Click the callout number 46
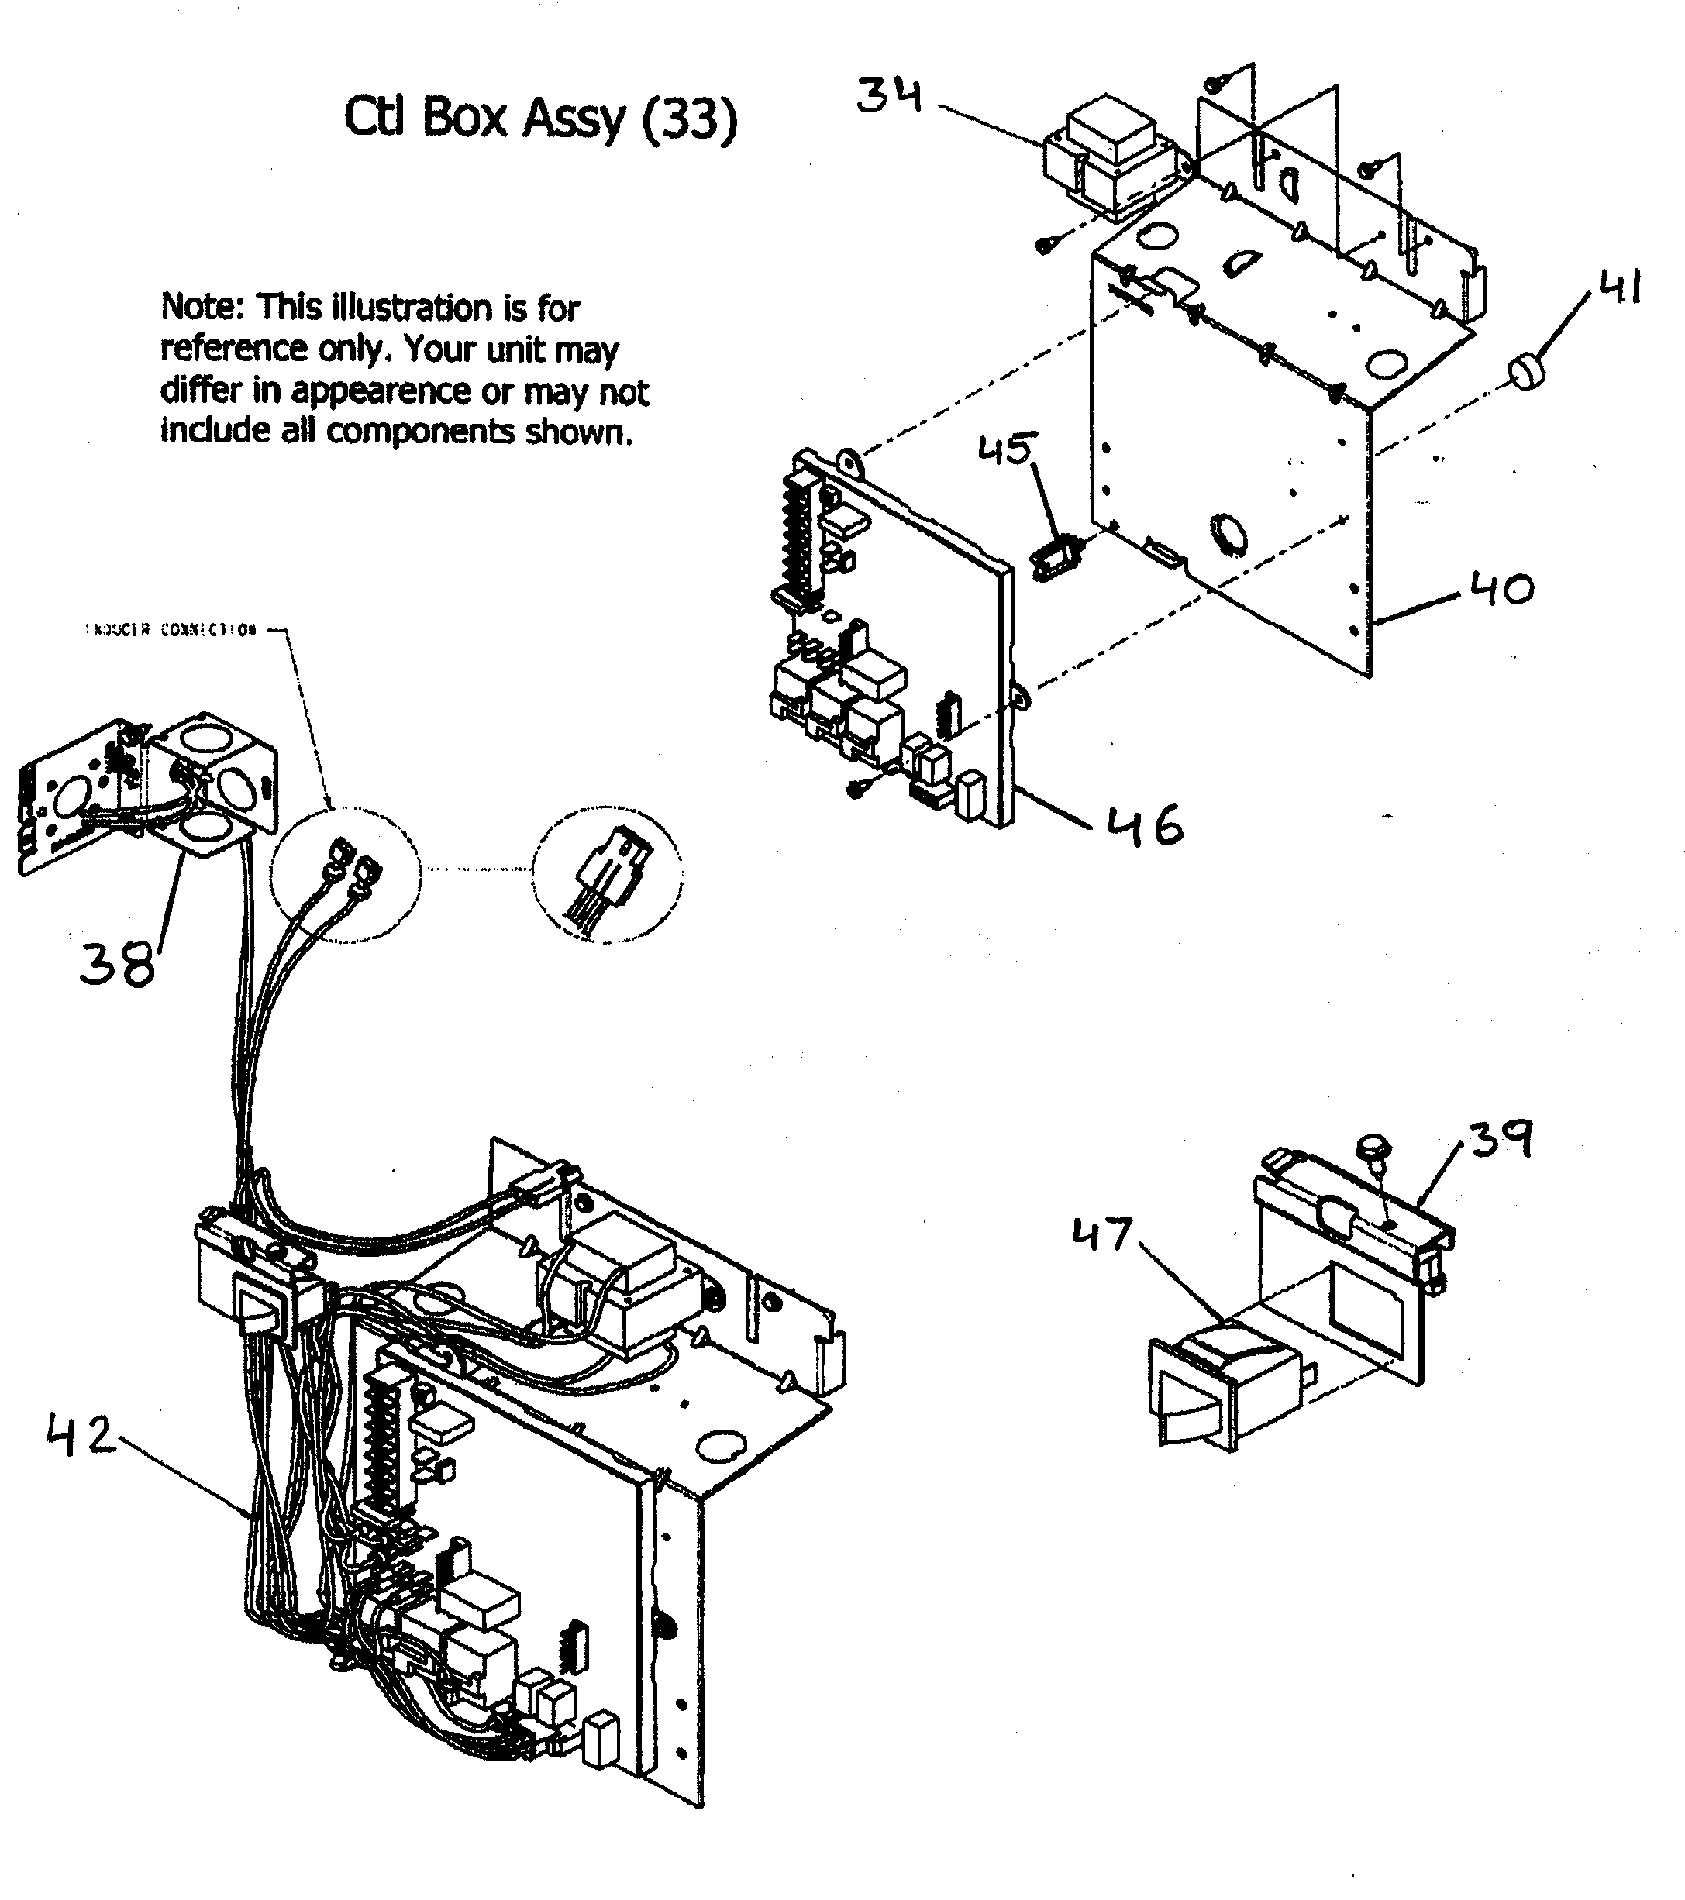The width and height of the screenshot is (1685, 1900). pos(1145,824)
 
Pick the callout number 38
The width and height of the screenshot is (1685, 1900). pos(117,963)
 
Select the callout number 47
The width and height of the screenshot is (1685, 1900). pos(1103,1234)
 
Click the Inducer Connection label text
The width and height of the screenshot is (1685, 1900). pos(171,630)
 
